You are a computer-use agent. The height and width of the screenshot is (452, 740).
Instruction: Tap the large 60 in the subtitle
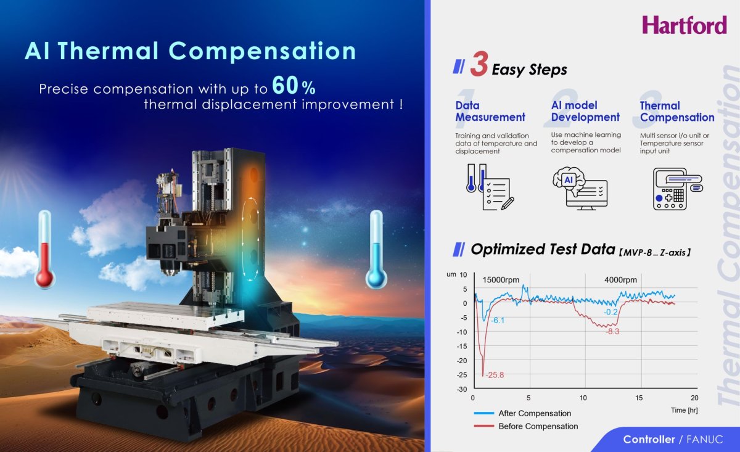tap(287, 86)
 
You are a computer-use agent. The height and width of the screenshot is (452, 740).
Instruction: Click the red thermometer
tap(44, 250)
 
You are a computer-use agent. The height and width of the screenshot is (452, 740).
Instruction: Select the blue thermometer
tap(376, 250)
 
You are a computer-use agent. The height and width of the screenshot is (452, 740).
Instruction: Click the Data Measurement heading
tap(490, 112)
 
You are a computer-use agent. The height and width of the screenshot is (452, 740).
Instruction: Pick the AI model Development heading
tap(585, 112)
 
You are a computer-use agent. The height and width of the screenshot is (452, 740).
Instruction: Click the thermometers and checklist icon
tap(487, 187)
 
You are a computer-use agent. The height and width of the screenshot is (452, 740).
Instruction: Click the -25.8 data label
tap(495, 375)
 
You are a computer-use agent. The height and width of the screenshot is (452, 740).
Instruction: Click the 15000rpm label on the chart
tap(501, 279)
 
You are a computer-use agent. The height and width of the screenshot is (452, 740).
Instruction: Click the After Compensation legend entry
tap(534, 413)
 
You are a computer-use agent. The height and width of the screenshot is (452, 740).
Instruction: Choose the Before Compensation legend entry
tap(538, 426)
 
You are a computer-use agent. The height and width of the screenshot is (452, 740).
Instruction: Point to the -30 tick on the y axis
tap(461, 389)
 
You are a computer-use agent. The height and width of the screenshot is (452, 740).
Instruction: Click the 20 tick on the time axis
tap(694, 398)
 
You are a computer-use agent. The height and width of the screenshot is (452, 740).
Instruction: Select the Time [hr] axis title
tap(684, 410)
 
